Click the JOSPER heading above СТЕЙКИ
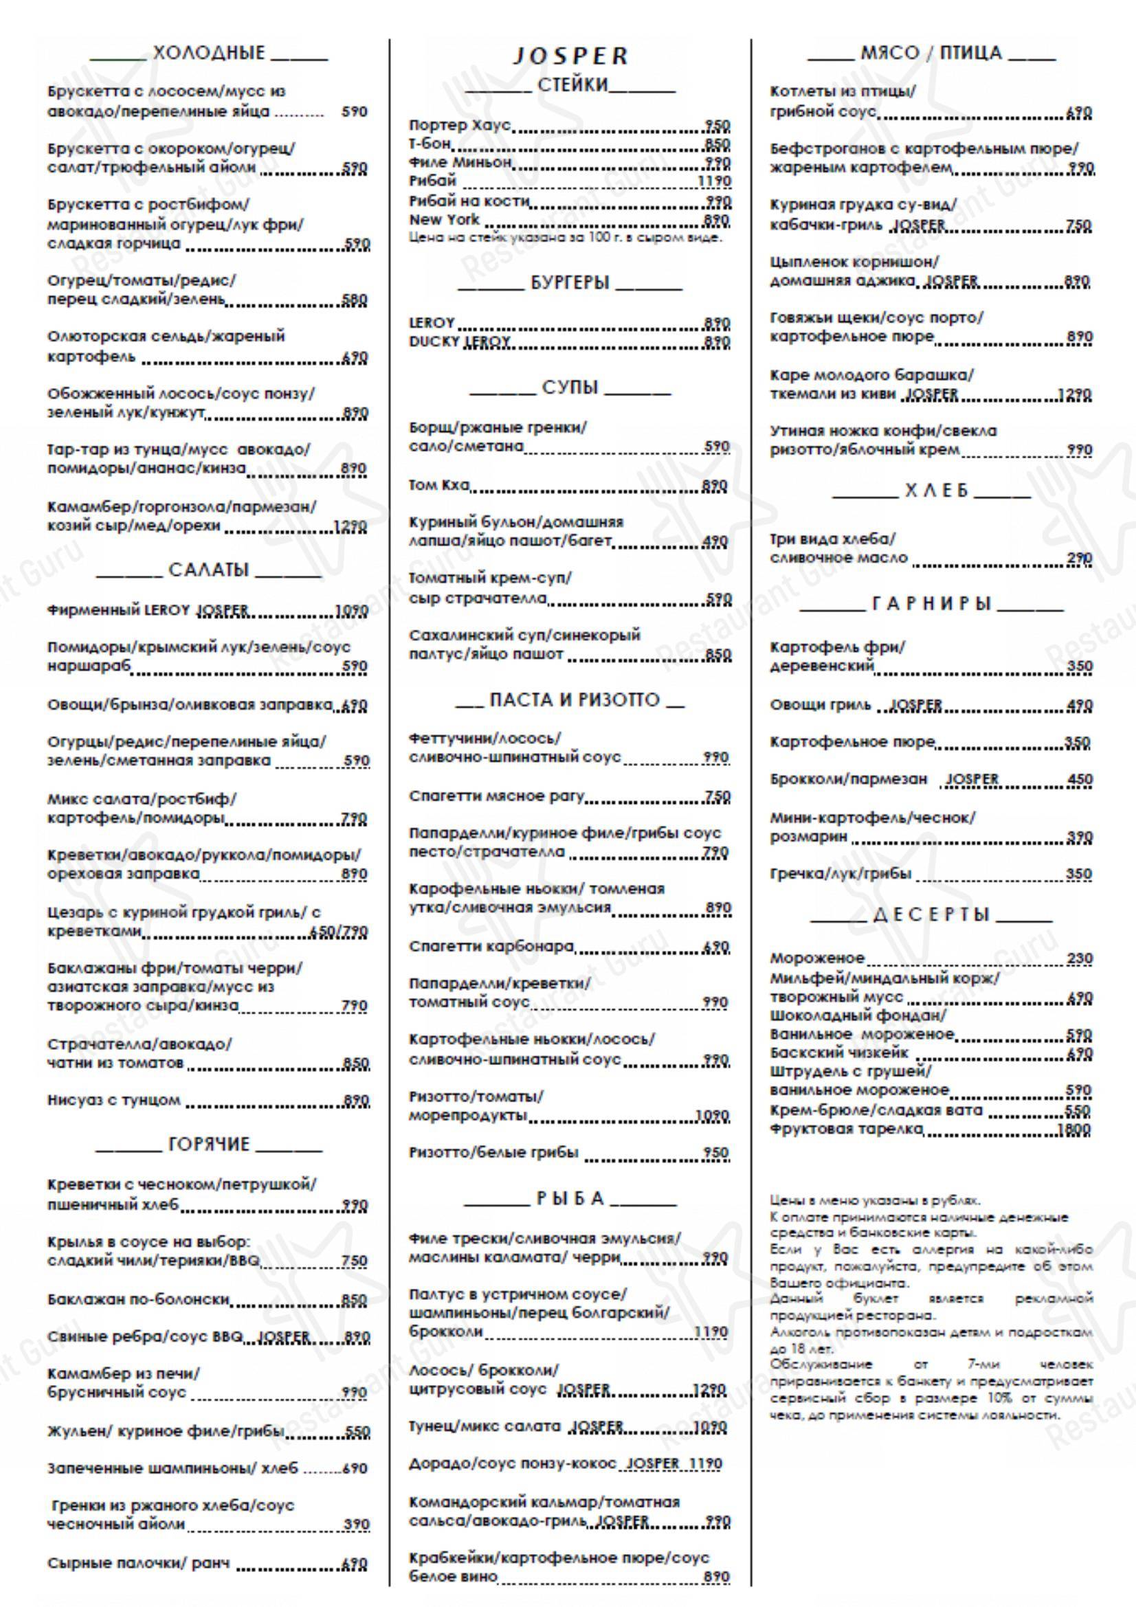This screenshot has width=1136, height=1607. coord(570,56)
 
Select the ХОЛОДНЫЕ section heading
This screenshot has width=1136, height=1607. coord(210,52)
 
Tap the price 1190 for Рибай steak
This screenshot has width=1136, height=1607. coord(714,182)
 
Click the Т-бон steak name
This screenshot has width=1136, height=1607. coord(430,144)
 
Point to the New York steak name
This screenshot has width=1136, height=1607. coord(445,220)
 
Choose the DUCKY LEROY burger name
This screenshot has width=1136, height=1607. coord(460,341)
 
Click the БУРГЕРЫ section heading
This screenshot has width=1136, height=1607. coord(570,283)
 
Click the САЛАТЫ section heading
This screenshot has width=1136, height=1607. coord(209,570)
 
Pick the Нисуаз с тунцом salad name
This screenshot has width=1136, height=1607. coord(114,1100)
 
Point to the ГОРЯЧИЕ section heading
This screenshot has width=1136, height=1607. coord(209,1145)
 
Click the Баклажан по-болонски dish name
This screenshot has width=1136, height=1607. coord(139,1299)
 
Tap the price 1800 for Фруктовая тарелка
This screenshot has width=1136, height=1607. coord(1076,1130)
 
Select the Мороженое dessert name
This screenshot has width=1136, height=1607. coord(817,958)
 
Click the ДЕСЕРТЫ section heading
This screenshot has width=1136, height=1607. coord(932,914)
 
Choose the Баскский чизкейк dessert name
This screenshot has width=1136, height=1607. coord(838,1053)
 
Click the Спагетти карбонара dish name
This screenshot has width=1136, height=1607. coord(491,947)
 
